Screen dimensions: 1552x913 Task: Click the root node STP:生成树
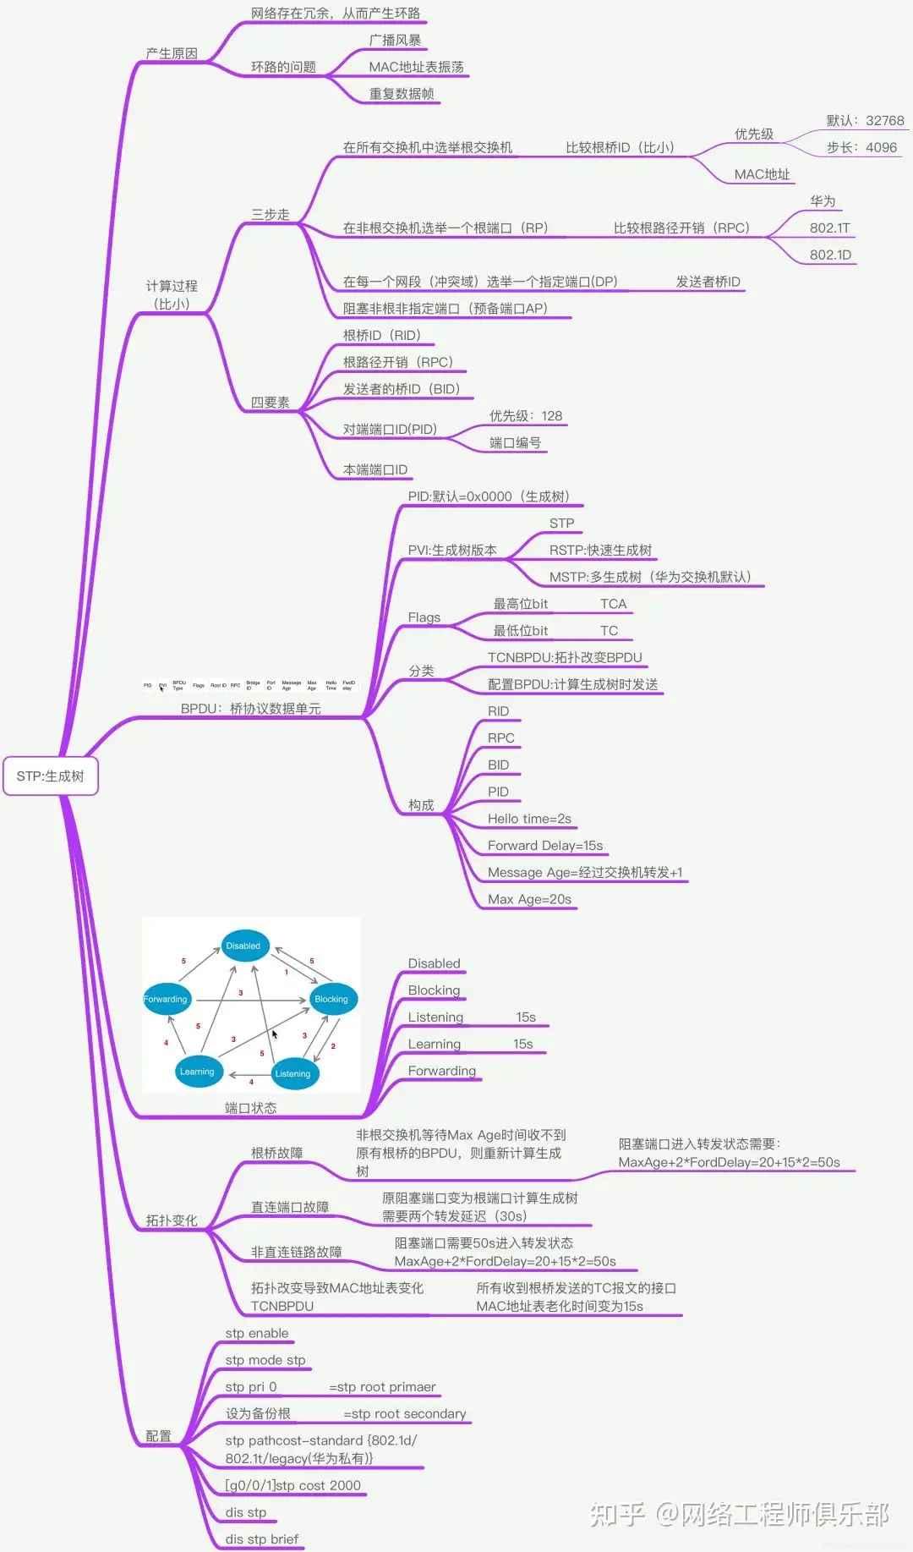click(51, 776)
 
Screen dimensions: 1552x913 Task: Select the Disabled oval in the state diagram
click(243, 946)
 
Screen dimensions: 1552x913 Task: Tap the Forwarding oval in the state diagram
click(166, 999)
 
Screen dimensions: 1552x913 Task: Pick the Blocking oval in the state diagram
click(331, 999)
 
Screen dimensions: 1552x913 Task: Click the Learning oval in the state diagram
click(197, 1072)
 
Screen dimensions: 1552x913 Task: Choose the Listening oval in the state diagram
click(292, 1073)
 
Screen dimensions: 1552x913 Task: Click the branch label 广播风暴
click(395, 40)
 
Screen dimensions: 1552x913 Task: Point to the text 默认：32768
click(865, 120)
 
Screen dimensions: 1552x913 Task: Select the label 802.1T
click(829, 228)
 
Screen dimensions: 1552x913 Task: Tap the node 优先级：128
click(526, 415)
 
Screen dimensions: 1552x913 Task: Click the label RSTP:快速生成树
click(600, 550)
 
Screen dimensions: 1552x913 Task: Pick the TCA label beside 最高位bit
click(613, 604)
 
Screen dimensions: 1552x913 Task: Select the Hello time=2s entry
click(529, 819)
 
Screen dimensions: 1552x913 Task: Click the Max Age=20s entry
click(529, 899)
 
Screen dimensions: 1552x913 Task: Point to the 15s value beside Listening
click(526, 1017)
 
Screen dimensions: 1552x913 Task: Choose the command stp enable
click(257, 1333)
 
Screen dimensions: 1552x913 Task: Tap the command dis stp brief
click(262, 1538)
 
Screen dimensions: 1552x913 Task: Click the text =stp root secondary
click(404, 1413)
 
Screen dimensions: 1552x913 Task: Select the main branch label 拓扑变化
click(172, 1220)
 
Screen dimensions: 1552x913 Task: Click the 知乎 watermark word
click(617, 1514)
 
